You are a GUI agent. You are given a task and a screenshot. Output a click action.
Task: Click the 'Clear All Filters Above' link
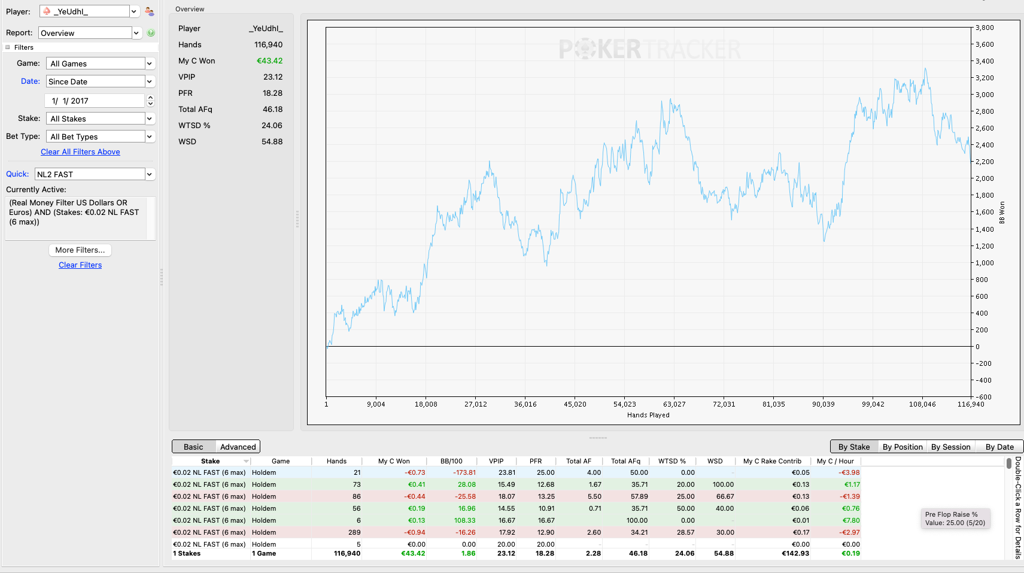pos(80,152)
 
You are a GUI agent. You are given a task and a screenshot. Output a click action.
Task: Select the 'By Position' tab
pos(903,447)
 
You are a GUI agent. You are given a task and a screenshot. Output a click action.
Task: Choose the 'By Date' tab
pos(999,447)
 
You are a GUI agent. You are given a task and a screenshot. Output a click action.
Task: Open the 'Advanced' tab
pos(238,447)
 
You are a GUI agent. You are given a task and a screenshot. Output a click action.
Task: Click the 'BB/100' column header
pos(451,461)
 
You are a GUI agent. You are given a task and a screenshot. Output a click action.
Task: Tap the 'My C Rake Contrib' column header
pos(772,461)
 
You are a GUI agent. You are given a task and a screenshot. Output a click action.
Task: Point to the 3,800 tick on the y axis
pos(985,28)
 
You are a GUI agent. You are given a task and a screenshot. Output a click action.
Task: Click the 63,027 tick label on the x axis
pos(674,404)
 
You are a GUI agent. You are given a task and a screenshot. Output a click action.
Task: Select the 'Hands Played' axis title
pos(648,416)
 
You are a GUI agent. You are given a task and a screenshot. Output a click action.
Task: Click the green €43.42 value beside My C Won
pos(269,61)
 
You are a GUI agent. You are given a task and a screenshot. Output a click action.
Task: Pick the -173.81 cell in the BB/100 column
pos(464,472)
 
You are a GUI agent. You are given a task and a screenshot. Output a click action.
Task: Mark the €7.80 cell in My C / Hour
pos(850,520)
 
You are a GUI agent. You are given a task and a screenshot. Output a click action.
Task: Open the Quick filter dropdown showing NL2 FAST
pos(95,174)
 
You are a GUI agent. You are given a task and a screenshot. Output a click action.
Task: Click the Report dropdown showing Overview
pos(90,33)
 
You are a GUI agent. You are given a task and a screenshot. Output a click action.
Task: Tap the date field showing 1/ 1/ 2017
pos(95,101)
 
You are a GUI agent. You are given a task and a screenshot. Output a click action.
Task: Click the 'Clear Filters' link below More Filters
pos(80,265)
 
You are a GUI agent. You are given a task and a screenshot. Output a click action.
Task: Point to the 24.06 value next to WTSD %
pos(272,125)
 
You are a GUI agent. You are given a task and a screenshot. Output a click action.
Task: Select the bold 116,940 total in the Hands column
pos(347,553)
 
